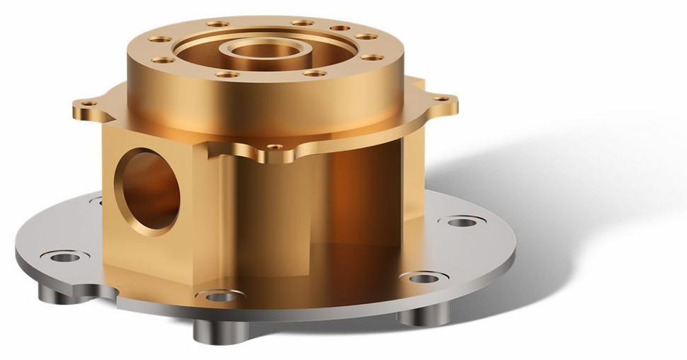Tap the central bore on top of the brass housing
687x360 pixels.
tap(264, 52)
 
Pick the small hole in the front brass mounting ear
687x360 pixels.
tap(276, 147)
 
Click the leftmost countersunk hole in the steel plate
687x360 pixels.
tap(65, 256)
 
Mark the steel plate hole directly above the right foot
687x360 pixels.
tap(423, 278)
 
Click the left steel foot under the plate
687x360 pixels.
tap(55, 291)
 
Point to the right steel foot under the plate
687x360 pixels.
tap(423, 314)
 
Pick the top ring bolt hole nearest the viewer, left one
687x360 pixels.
tap(227, 74)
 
